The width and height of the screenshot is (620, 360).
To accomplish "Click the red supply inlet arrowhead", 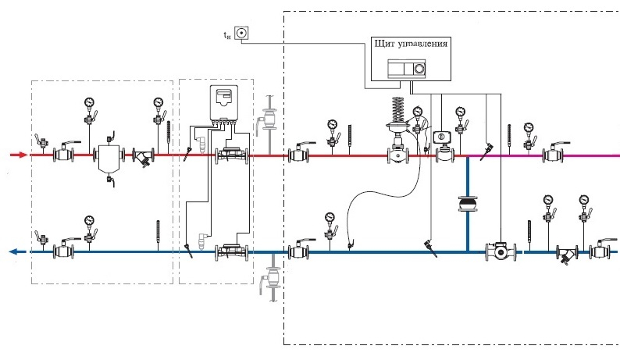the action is click(x=23, y=155).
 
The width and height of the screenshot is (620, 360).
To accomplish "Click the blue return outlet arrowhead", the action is click(x=13, y=251).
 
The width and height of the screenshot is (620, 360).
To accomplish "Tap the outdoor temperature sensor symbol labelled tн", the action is click(x=241, y=33).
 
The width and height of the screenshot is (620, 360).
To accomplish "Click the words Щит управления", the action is click(x=411, y=44).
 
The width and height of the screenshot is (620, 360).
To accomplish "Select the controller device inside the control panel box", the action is click(x=407, y=69).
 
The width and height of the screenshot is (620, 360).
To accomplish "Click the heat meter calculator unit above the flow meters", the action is click(x=223, y=102).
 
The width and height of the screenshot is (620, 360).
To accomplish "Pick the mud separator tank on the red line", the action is click(x=109, y=159).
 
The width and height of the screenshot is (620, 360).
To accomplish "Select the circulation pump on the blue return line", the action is click(x=501, y=251).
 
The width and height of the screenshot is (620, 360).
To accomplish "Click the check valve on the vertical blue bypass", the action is click(x=468, y=204).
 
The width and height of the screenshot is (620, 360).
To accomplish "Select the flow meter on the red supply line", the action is click(x=232, y=155).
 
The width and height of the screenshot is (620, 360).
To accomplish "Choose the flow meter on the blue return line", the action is click(x=232, y=252).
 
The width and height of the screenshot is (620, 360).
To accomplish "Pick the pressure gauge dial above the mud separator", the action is click(x=90, y=102).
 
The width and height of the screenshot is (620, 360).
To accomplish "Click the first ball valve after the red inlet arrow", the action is click(x=64, y=153).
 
